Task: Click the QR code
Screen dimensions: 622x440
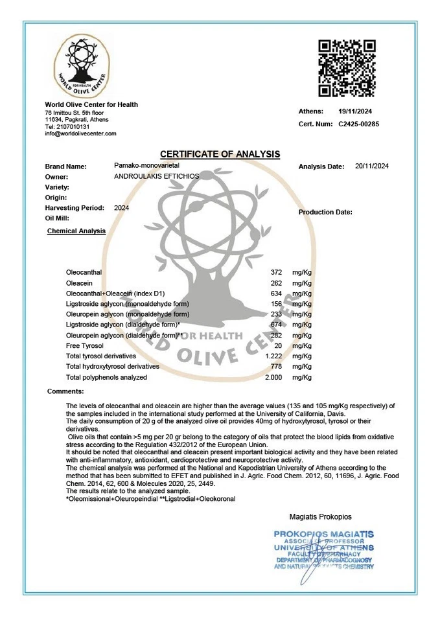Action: (x=347, y=68)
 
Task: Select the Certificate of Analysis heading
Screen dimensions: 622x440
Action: (x=220, y=154)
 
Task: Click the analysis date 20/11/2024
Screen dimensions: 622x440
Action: (x=372, y=167)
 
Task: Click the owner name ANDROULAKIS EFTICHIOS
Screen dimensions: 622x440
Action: (x=156, y=176)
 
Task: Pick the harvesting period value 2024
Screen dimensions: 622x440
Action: (x=121, y=208)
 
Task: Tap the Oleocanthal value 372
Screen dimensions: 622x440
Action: (x=276, y=273)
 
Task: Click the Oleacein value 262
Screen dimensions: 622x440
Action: (x=276, y=283)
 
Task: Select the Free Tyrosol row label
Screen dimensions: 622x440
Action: (x=85, y=346)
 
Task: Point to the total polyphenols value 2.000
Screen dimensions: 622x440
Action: (x=274, y=377)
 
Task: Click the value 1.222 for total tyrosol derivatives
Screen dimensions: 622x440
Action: (x=274, y=356)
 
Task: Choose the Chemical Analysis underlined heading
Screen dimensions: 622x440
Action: (x=76, y=231)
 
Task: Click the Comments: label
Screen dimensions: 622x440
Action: (x=65, y=391)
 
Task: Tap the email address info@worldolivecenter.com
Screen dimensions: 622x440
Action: (x=80, y=133)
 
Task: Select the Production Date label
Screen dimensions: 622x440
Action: (x=325, y=213)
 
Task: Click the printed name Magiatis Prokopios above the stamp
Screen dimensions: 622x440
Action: (x=320, y=517)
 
